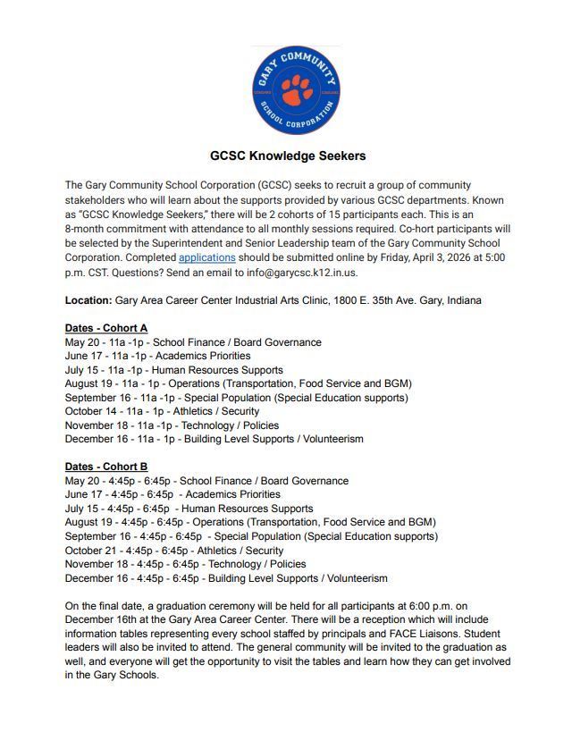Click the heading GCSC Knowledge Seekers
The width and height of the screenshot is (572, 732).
(287, 156)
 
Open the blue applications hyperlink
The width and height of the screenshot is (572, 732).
(206, 257)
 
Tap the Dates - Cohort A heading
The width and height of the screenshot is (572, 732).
(106, 328)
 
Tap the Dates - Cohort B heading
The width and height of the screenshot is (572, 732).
(106, 467)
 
